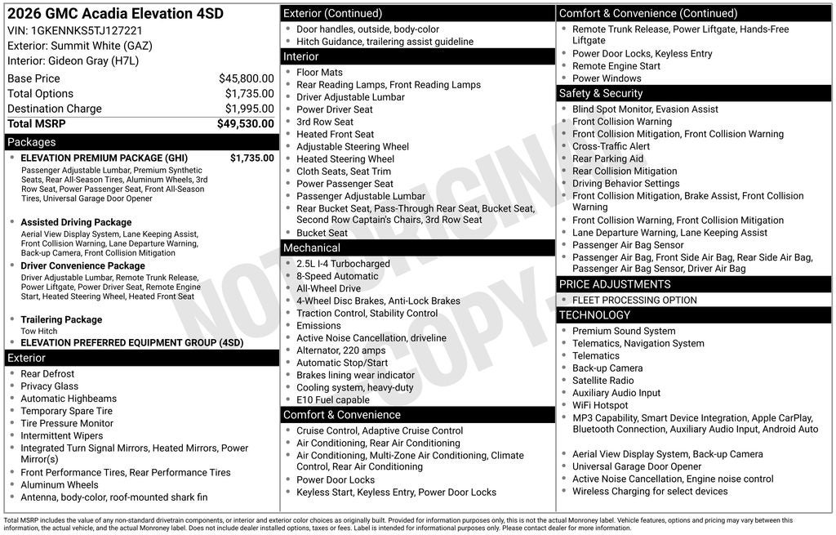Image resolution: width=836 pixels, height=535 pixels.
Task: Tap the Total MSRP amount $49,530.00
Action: click(245, 123)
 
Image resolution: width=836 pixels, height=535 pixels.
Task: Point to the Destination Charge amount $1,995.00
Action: click(249, 109)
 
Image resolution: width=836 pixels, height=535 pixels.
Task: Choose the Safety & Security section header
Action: click(601, 93)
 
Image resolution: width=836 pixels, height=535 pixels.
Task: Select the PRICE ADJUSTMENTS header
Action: click(615, 284)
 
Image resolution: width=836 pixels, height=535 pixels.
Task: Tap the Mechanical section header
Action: click(312, 247)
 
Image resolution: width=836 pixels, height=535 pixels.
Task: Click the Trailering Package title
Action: click(61, 319)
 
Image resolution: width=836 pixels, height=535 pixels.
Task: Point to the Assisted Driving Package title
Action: click(76, 222)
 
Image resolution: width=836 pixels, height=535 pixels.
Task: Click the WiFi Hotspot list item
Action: click(600, 405)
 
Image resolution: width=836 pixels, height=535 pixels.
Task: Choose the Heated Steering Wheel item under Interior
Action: click(345, 159)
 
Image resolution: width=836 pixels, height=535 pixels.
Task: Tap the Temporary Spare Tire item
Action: click(66, 411)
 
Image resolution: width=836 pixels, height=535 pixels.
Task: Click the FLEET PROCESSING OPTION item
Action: click(634, 300)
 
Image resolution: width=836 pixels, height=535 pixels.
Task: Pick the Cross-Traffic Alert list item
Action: click(611, 146)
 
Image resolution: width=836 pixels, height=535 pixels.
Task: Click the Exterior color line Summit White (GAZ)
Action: click(80, 46)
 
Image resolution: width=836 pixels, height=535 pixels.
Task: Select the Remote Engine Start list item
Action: click(616, 66)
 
